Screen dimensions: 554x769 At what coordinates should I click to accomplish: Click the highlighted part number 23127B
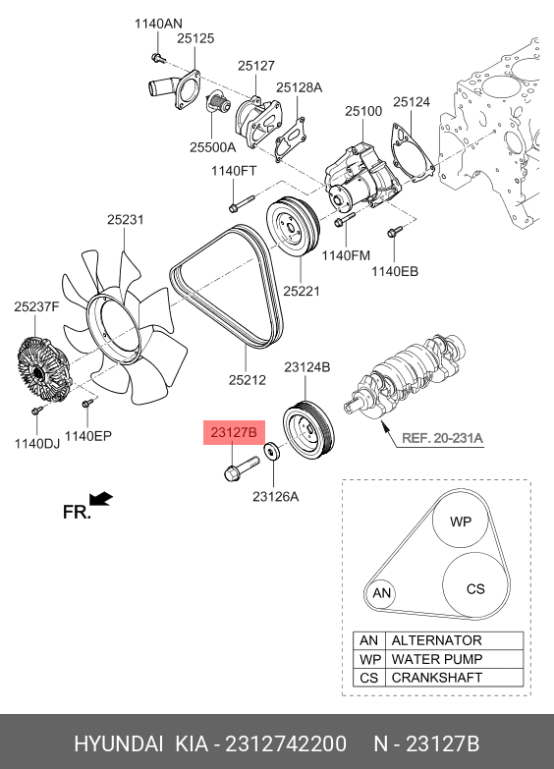pos(234,432)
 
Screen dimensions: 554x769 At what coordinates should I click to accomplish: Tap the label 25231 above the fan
pos(126,219)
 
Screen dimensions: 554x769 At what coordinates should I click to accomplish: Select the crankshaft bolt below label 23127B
pos(241,467)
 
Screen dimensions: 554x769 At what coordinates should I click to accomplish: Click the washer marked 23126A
pos(272,451)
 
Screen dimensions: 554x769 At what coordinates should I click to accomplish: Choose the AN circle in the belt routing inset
pos(381,593)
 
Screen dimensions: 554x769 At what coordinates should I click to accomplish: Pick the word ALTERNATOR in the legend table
pos(437,640)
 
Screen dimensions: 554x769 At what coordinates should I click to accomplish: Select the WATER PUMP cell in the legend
pos(437,659)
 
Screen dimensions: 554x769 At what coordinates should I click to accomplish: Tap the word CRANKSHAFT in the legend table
pos(437,678)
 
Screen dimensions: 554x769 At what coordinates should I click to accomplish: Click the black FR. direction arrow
pos(101,498)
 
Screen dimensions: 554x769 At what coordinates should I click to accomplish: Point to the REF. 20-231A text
pos(442,437)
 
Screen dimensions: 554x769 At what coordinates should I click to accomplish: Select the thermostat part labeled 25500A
pos(217,104)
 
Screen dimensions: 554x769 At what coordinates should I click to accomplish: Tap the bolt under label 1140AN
pos(158,58)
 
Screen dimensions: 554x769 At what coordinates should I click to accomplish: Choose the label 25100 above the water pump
pos(363,111)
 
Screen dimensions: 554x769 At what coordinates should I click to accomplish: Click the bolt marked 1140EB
pos(395,232)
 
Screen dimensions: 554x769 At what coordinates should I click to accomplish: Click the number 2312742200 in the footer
pos(286,743)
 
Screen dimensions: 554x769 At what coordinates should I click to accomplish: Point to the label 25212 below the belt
pos(248,380)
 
